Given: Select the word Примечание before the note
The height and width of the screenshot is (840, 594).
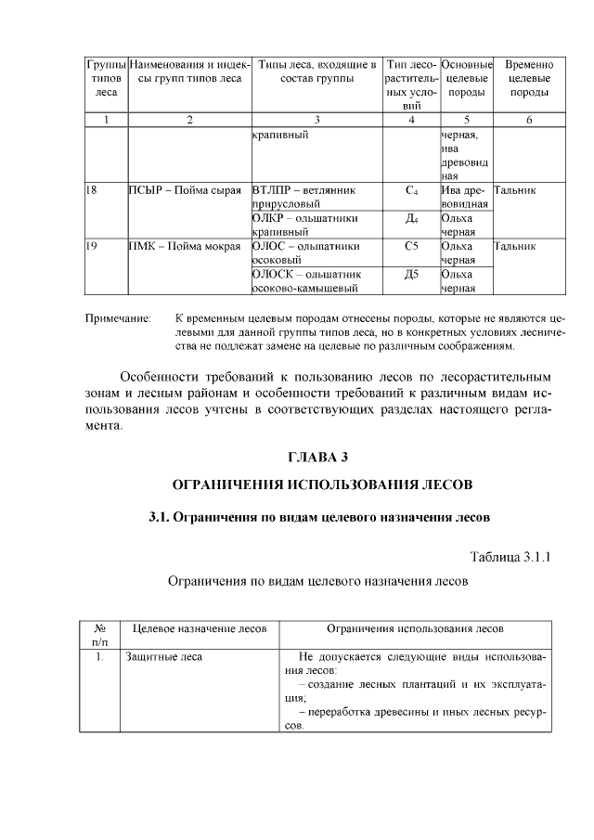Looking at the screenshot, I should click(x=118, y=318).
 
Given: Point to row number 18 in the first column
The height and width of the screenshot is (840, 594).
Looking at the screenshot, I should click(x=91, y=189).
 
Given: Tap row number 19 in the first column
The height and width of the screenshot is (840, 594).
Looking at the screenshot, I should click(x=91, y=247).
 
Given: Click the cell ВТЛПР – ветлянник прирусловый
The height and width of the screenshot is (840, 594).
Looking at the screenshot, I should click(x=304, y=196).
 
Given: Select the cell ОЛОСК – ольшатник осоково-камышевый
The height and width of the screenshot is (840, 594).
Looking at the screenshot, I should click(x=306, y=281).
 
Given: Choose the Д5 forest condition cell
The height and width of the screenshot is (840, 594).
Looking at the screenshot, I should click(x=411, y=275).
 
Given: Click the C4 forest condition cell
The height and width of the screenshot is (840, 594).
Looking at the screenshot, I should click(x=411, y=189).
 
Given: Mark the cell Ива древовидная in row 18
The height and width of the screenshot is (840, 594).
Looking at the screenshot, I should click(x=464, y=196).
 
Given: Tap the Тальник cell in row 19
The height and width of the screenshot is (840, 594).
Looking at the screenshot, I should click(x=515, y=247).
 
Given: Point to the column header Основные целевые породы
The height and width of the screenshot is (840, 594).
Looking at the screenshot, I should click(x=466, y=79).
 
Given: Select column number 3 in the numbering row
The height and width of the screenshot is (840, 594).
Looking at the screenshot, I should click(x=316, y=120).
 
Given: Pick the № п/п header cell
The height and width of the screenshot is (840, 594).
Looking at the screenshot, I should click(x=99, y=635).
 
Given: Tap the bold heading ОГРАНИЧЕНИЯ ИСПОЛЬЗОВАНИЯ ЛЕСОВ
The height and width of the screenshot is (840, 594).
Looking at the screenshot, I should click(x=323, y=485).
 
